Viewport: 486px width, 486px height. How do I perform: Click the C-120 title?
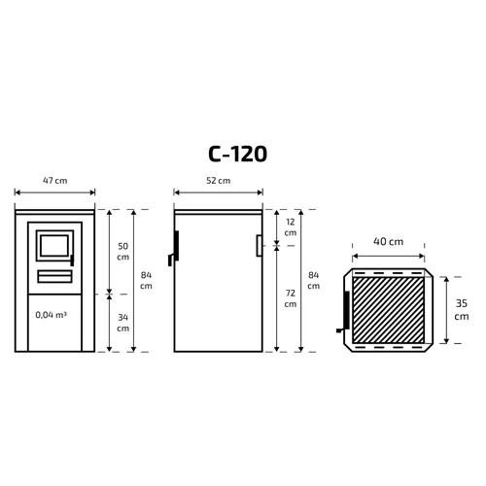pyautogui.click(x=237, y=154)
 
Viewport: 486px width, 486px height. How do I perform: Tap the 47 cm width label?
pyautogui.click(x=55, y=181)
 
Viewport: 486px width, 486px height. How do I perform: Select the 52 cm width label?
pyautogui.click(x=219, y=181)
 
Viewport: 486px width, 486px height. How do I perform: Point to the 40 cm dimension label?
pyautogui.click(x=388, y=241)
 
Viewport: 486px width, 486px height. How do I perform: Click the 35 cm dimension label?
pyautogui.click(x=462, y=310)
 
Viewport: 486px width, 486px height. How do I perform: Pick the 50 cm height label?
pyautogui.click(x=122, y=252)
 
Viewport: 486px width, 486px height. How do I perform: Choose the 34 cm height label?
pyautogui.click(x=122, y=323)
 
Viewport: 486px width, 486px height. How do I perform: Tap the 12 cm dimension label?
pyautogui.click(x=291, y=227)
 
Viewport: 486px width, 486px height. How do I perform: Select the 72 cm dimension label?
pyautogui.click(x=291, y=298)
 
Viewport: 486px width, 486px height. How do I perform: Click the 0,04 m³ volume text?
pyautogui.click(x=52, y=315)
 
